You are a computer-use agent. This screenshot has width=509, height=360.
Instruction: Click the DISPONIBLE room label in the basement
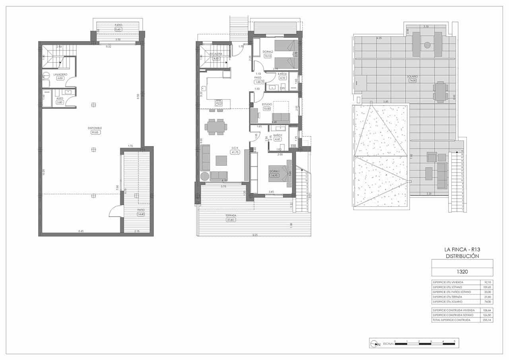coord(95,128)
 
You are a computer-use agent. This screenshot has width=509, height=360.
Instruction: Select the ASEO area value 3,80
coord(60,102)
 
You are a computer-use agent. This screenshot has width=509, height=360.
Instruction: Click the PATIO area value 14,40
coord(141,214)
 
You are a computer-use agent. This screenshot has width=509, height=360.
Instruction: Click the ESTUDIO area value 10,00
coord(266,109)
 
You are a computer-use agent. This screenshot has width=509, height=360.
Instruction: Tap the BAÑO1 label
coord(277,135)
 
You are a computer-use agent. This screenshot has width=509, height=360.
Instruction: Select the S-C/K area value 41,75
coord(235,152)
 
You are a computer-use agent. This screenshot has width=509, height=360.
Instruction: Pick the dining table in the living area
coord(216,127)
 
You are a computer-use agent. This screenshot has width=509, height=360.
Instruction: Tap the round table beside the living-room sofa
coord(204,176)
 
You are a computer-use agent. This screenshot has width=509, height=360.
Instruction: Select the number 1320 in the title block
coord(462,272)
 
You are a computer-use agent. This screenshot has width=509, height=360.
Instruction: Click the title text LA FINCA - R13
coord(462,249)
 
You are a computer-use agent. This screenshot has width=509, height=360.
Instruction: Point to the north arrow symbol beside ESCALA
coord(375,344)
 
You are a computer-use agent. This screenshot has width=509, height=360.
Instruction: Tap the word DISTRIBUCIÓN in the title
coord(462,256)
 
